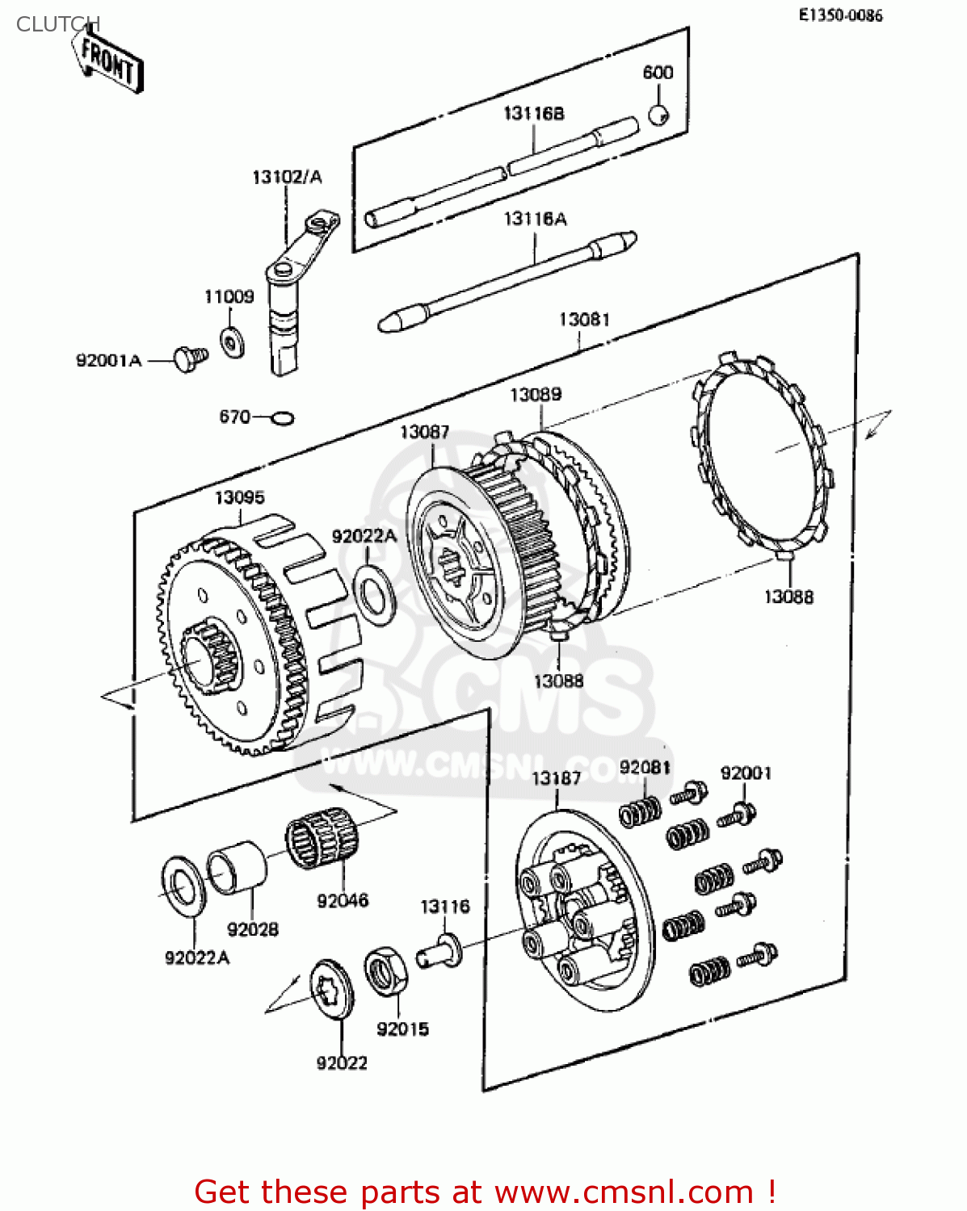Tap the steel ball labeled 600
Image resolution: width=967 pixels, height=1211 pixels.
[658, 115]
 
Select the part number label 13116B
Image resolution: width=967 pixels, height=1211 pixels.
[533, 114]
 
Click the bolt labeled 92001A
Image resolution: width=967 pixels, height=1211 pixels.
[190, 358]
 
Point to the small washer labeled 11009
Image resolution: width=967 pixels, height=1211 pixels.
[233, 343]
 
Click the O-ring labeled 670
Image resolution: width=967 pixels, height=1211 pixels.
[282, 418]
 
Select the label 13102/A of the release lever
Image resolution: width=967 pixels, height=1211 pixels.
[287, 177]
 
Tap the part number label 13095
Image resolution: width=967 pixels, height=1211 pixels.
[239, 497]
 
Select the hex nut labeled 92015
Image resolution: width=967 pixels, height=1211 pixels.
[385, 971]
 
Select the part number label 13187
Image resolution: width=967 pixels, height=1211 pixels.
[556, 777]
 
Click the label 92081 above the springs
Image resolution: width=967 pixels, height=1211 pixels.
[645, 767]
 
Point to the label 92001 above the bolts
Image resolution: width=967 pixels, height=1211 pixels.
[746, 773]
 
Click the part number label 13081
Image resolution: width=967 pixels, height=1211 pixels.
[584, 320]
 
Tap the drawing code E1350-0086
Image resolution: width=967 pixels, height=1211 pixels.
[840, 15]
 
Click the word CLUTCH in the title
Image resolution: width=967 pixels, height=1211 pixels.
[57, 24]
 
